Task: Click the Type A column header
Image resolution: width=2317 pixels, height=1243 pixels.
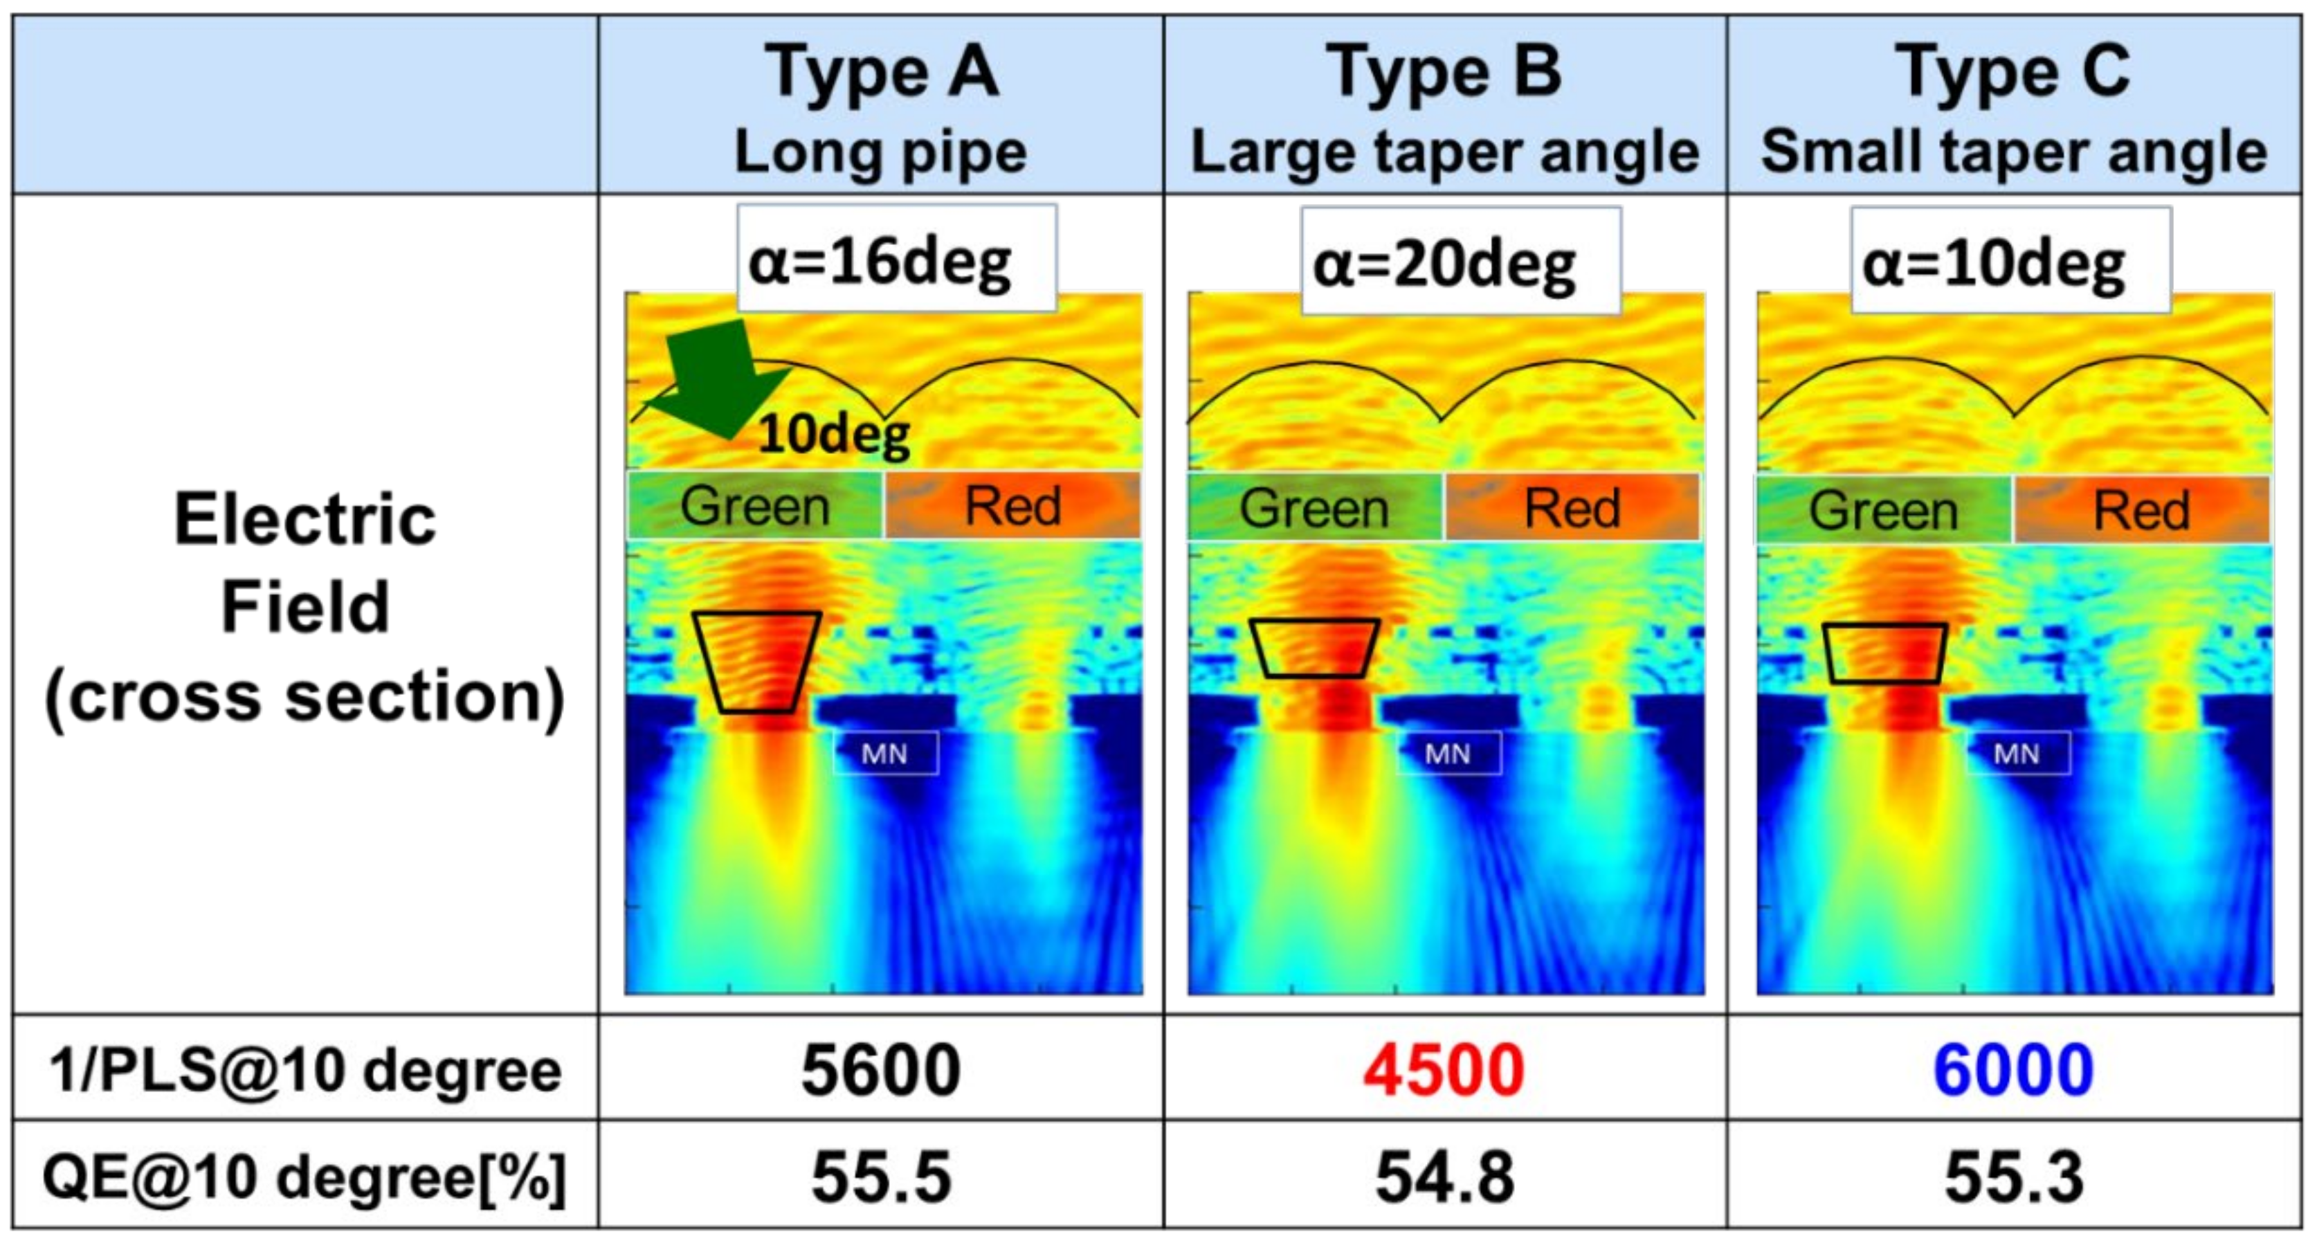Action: pos(882,72)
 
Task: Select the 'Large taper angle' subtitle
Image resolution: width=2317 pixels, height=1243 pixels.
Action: pos(1444,153)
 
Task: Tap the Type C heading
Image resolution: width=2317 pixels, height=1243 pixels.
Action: pos(2013,72)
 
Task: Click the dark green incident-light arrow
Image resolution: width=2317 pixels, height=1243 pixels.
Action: pos(720,378)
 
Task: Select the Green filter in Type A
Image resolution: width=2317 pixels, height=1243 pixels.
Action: pos(754,507)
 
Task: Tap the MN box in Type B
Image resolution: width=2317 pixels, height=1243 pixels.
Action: pos(1447,754)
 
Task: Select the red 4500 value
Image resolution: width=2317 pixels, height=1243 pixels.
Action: pos(1444,1070)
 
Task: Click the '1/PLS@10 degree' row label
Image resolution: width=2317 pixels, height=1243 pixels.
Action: pos(306,1070)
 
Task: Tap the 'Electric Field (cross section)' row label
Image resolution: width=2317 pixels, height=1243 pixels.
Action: pos(306,607)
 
